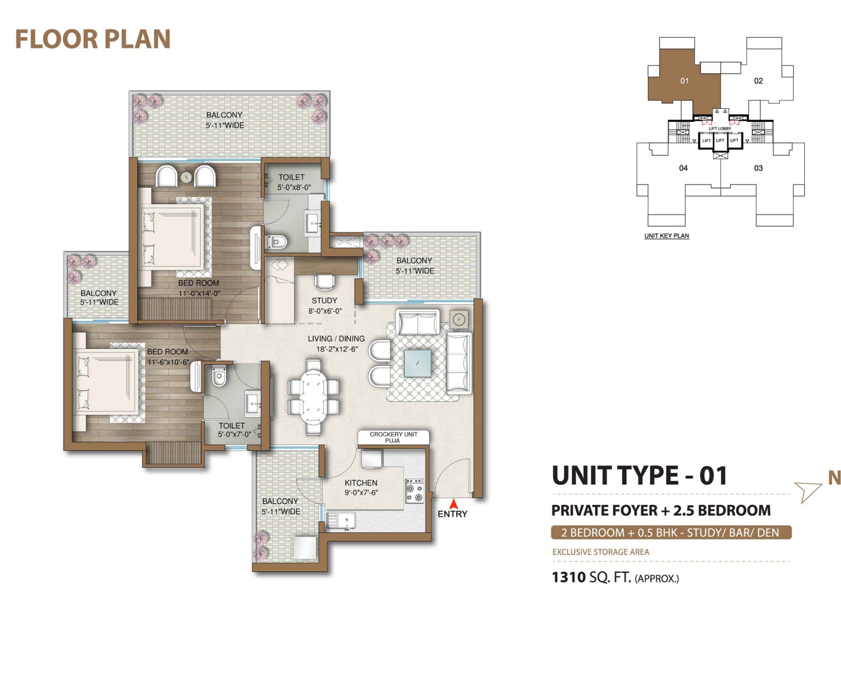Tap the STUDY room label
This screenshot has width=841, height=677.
click(325, 301)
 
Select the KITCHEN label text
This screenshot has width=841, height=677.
click(360, 482)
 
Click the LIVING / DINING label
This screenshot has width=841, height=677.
click(336, 339)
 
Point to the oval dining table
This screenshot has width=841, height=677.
click(313, 397)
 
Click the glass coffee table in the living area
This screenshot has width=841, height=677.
click(417, 363)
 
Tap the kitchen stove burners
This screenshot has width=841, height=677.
click(414, 490)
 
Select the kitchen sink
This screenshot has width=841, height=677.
click(341, 521)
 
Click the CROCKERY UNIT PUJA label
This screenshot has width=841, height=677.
click(393, 437)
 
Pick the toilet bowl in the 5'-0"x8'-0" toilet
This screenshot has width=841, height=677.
click(277, 242)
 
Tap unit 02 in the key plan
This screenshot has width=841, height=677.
click(758, 81)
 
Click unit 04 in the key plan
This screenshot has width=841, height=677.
click(683, 168)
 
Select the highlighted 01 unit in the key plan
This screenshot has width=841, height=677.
click(684, 81)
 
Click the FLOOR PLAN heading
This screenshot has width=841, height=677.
click(93, 39)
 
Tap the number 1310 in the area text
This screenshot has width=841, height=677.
click(569, 577)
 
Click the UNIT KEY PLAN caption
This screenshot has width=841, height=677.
click(667, 236)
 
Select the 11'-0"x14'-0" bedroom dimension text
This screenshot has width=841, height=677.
click(199, 293)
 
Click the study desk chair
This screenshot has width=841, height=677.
click(325, 282)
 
